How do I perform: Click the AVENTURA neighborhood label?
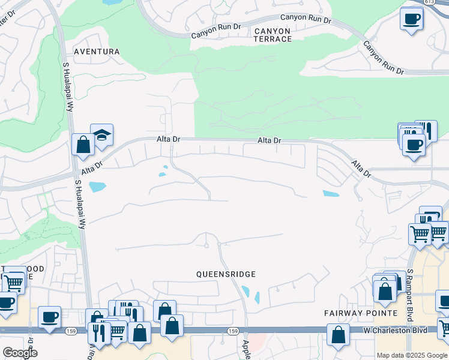pos(97,52)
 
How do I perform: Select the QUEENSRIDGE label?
pos(226,274)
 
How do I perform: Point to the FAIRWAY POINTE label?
pos(361,313)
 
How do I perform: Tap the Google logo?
pos(19,353)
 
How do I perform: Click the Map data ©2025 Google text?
pos(412,355)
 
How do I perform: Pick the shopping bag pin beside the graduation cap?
pos(83,145)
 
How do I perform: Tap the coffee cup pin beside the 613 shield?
pos(411,19)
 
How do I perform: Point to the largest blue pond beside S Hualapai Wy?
pos(97,187)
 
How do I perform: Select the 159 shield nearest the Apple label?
pos(234,331)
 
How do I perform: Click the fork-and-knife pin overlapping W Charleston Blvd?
pos(98,334)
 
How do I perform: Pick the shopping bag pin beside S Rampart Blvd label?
pos(385,291)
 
